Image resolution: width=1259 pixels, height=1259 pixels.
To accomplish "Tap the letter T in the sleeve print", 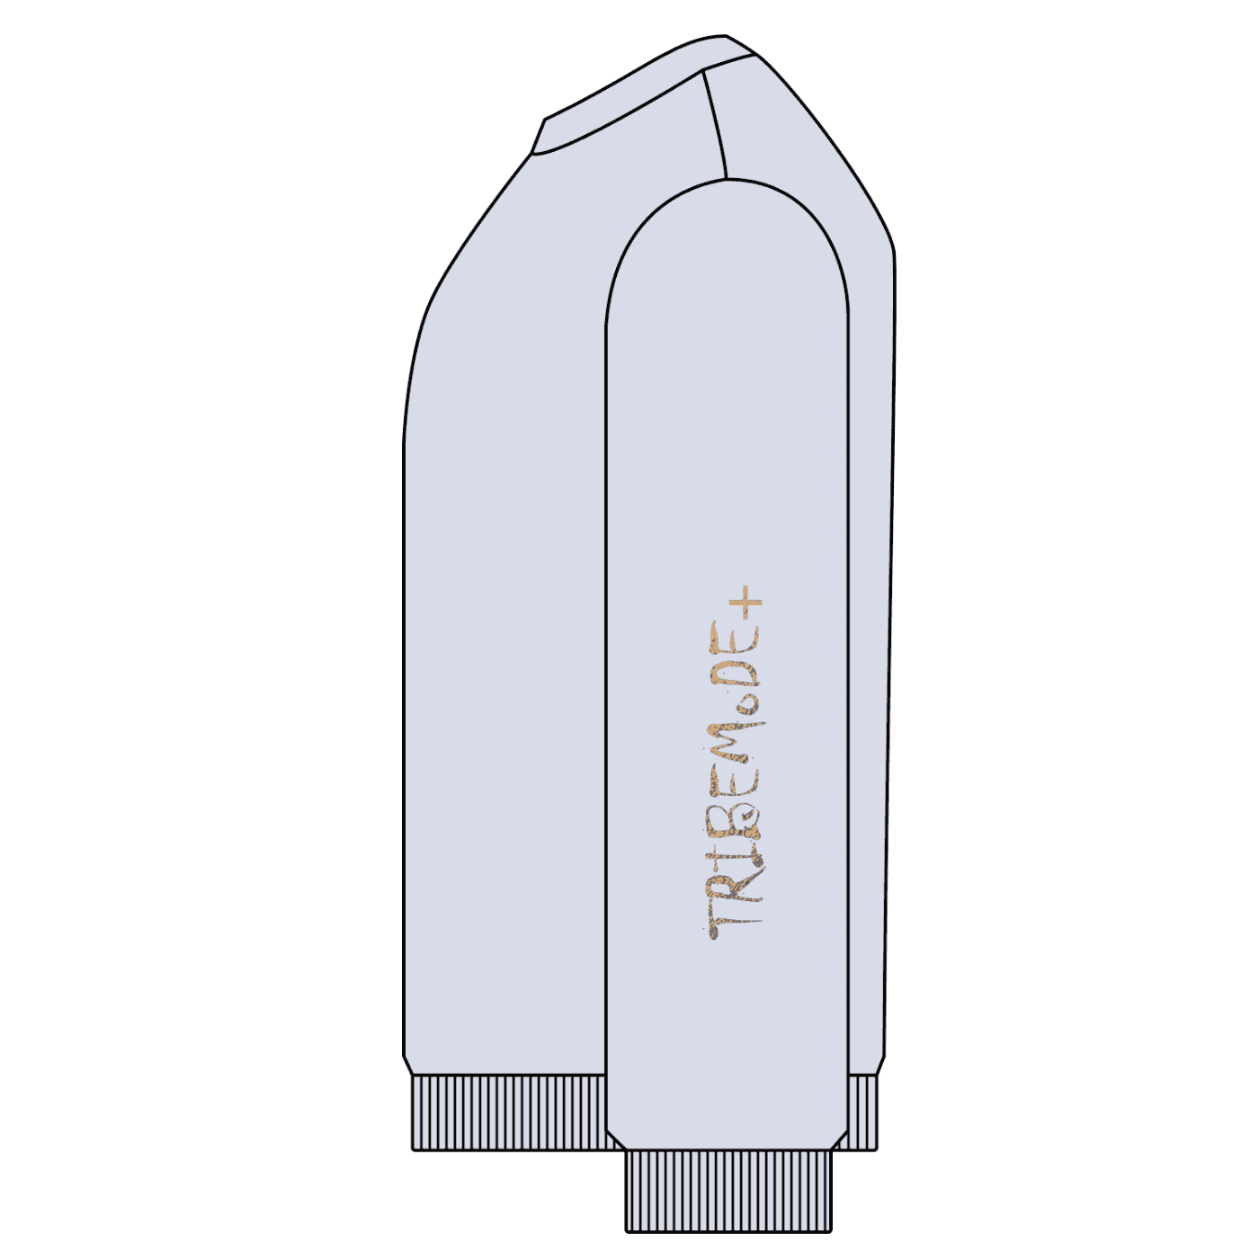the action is [x=736, y=924].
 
